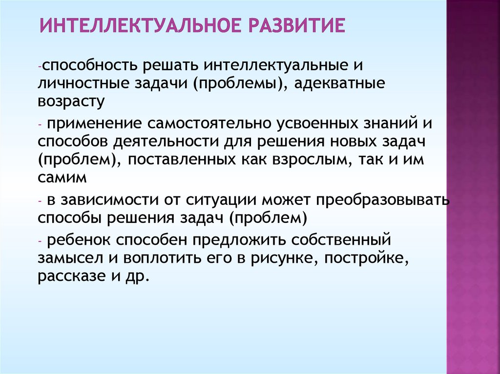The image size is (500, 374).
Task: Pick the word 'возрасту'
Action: (x=71, y=101)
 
